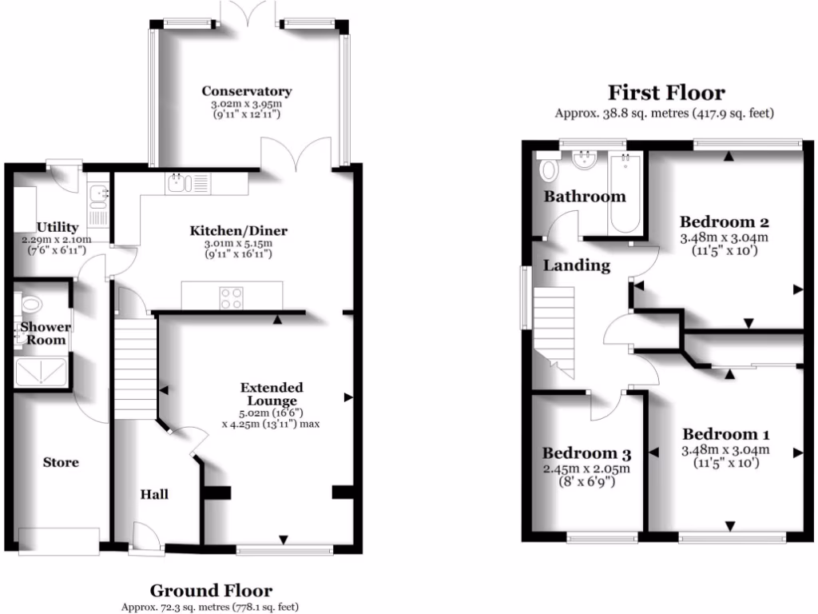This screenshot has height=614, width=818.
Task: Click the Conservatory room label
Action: pyautogui.click(x=246, y=91)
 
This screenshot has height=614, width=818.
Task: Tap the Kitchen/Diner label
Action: pyautogui.click(x=238, y=231)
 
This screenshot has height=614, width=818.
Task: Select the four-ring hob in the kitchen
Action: pyautogui.click(x=232, y=297)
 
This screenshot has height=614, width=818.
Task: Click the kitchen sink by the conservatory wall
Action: pyautogui.click(x=179, y=184)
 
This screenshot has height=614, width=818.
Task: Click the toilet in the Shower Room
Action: pyautogui.click(x=30, y=305)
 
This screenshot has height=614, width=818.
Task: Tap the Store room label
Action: pyautogui.click(x=61, y=462)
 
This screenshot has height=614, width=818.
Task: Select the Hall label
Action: pyautogui.click(x=155, y=494)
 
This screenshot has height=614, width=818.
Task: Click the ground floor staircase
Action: pyautogui.click(x=135, y=368)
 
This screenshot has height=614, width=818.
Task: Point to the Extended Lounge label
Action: pyautogui.click(x=272, y=394)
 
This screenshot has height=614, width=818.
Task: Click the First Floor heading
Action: pyautogui.click(x=666, y=93)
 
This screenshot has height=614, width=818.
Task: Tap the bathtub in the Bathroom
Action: pyautogui.click(x=624, y=193)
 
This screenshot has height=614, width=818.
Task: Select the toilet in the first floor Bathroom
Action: pyautogui.click(x=549, y=169)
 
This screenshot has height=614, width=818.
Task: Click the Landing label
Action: pyautogui.click(x=577, y=265)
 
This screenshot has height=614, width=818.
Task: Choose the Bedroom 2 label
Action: pyautogui.click(x=724, y=221)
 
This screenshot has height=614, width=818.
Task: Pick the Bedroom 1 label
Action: pyautogui.click(x=725, y=434)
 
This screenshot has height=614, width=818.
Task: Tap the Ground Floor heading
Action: pyautogui.click(x=211, y=592)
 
